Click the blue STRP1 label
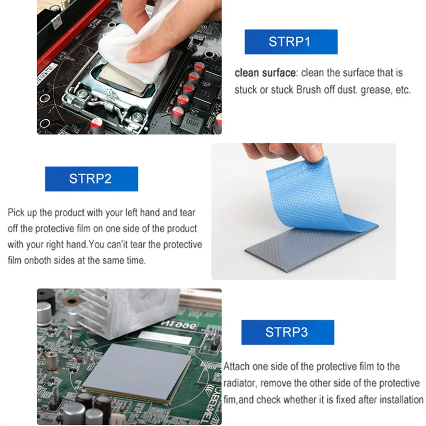(x=291, y=42)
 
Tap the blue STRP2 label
(x=91, y=179)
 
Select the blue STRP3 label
(x=288, y=332)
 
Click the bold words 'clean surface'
(x=265, y=73)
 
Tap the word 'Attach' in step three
(x=236, y=366)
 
